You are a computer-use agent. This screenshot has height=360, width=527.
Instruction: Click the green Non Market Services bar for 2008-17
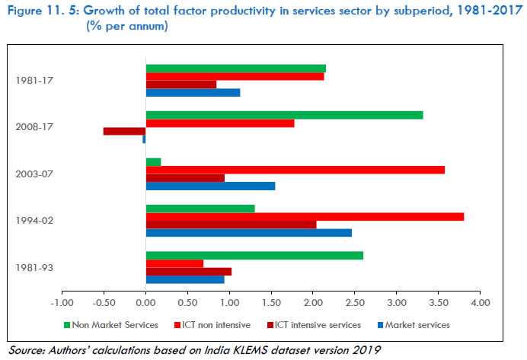(284, 115)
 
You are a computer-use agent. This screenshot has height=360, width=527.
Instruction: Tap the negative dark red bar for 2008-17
(124, 131)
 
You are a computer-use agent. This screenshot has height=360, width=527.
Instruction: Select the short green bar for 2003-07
(153, 161)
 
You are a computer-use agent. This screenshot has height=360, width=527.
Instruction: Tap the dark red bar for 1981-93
(188, 271)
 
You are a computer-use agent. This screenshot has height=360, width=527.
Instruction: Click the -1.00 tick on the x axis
(62, 303)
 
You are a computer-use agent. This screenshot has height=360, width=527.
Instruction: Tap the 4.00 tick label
(479, 303)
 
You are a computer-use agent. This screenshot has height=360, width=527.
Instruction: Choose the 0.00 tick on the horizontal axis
(145, 303)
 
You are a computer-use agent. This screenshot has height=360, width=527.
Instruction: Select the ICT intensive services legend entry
(316, 325)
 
